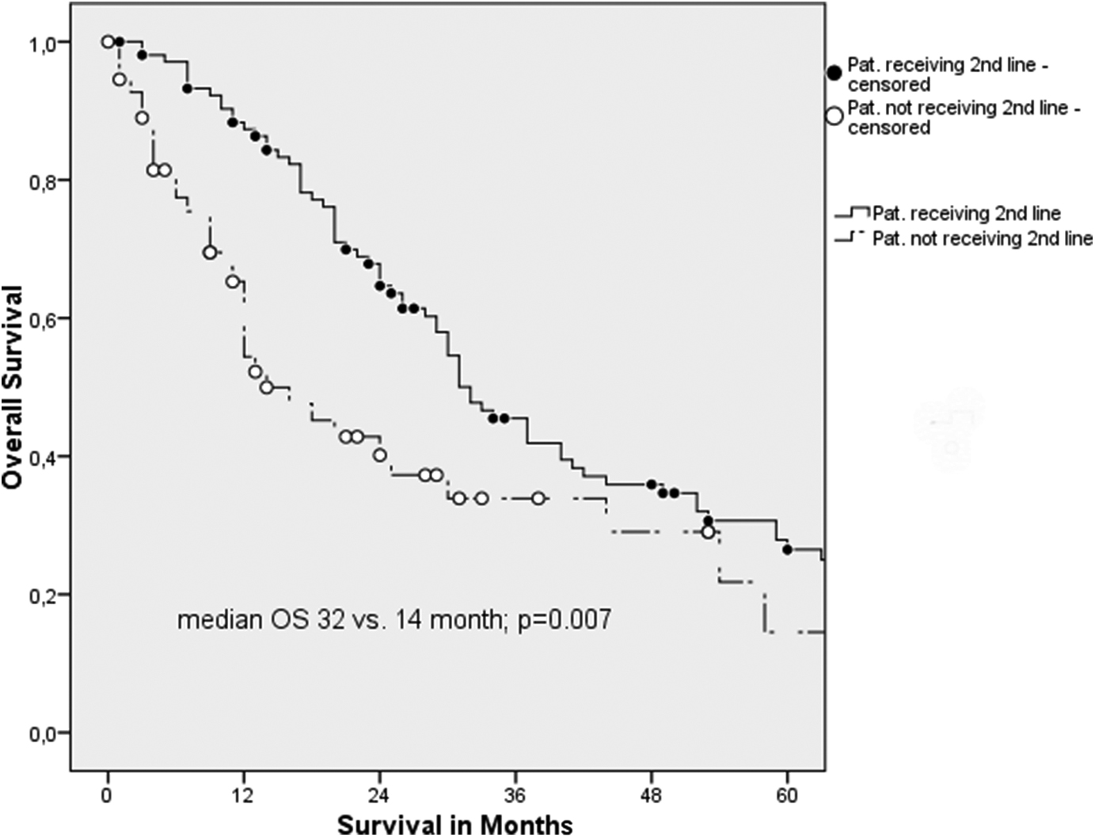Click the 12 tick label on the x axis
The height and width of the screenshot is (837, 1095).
tap(243, 796)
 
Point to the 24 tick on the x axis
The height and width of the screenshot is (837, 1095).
tap(379, 796)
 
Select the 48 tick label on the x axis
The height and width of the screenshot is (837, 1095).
tap(651, 796)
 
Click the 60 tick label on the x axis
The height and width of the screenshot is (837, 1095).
tap(787, 796)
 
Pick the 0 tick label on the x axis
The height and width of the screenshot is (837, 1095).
tap(108, 796)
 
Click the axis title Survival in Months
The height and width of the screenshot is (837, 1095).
tap(454, 824)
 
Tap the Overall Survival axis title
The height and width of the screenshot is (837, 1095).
tap(13, 387)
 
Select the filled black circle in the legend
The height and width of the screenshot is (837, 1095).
tap(834, 73)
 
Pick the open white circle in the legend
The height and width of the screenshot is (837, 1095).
tap(834, 116)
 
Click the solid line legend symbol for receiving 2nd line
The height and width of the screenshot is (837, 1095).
tap(852, 214)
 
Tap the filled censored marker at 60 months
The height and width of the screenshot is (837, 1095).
tap(787, 549)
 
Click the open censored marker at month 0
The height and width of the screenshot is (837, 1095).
tap(108, 42)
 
